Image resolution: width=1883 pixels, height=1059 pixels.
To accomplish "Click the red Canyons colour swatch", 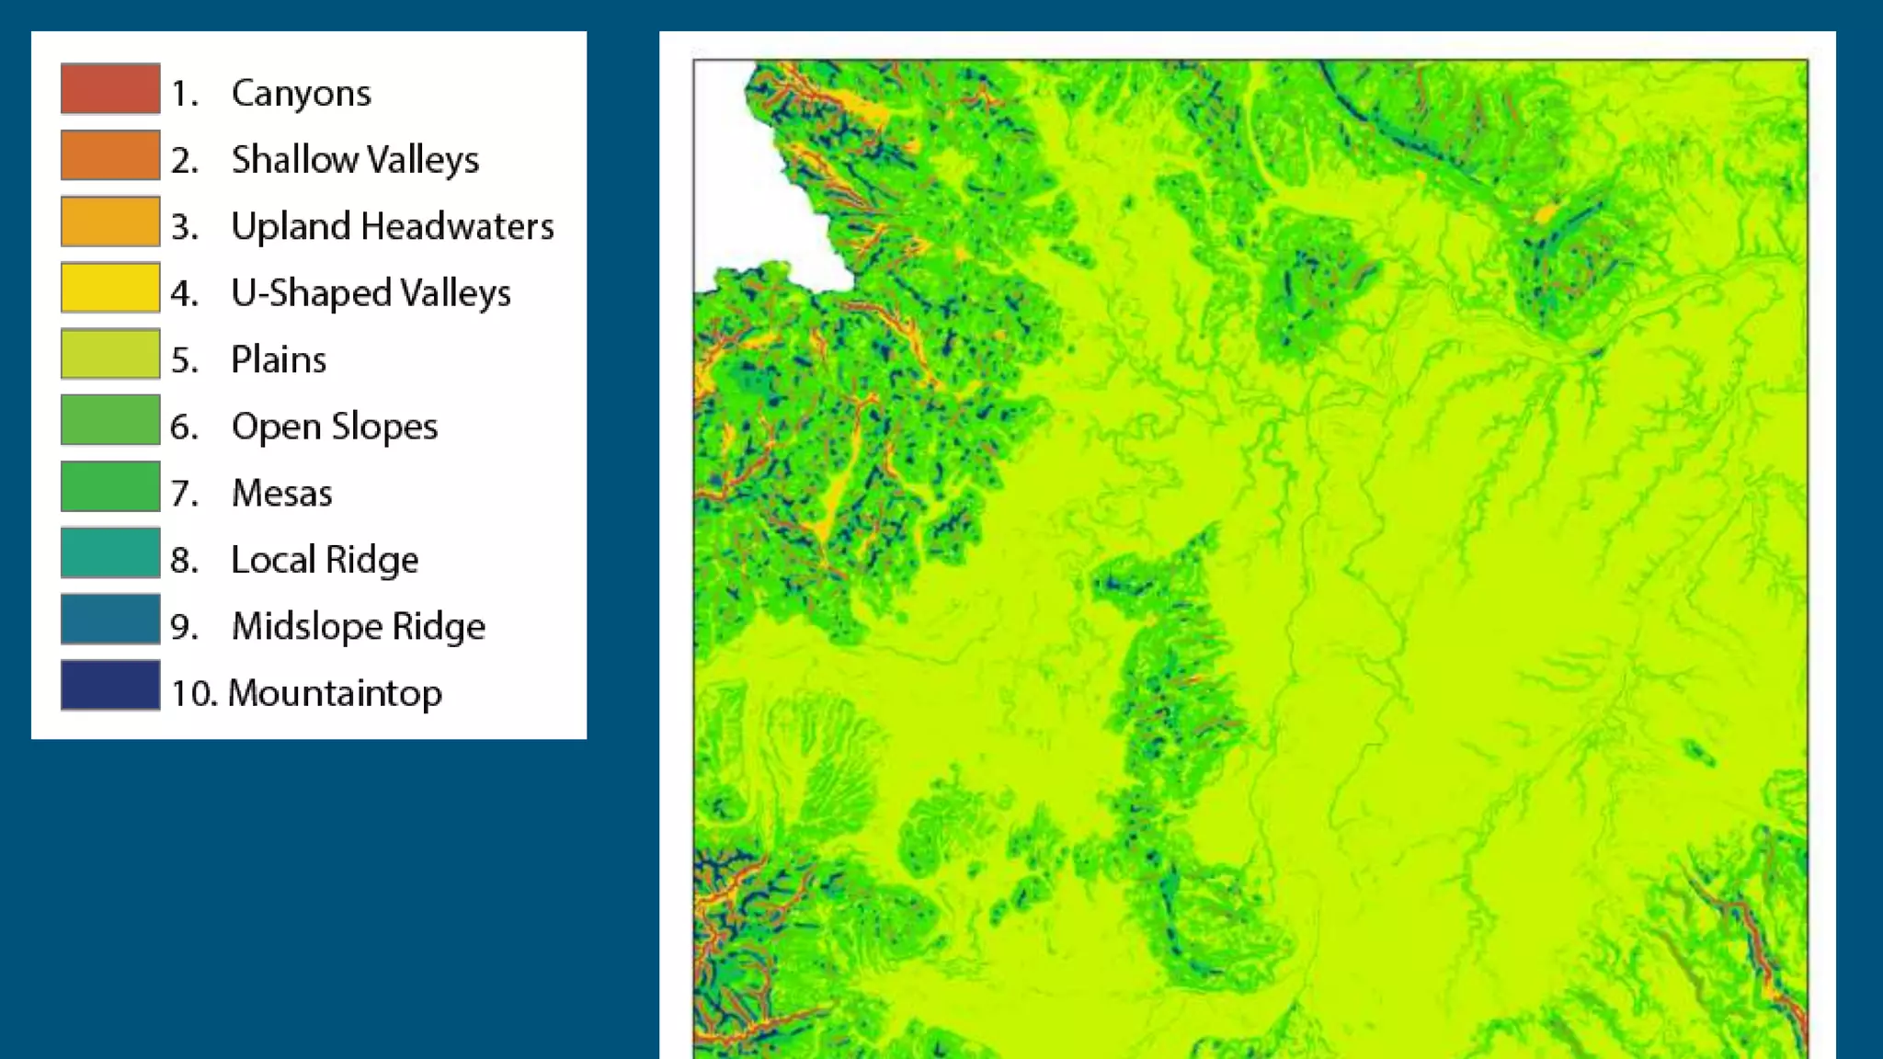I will pos(110,88).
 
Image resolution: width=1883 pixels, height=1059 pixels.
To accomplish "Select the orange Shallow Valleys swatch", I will pos(110,154).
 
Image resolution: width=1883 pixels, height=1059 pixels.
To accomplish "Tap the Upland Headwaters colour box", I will pos(110,222).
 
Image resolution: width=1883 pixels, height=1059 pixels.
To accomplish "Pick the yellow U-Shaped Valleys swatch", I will pos(110,288).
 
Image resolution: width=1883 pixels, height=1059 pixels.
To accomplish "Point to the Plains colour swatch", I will pos(110,354).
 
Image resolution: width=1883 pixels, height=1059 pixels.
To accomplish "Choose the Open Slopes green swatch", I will pos(110,420).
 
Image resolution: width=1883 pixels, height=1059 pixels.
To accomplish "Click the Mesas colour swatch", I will pos(110,486).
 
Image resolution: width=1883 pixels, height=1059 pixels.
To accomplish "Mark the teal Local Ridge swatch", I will pos(110,552).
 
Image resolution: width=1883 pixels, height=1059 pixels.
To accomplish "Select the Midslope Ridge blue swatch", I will pos(110,620).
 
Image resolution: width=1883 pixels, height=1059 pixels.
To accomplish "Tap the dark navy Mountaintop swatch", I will pos(110,686).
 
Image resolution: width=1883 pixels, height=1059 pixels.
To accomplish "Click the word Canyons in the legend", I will pos(302,94).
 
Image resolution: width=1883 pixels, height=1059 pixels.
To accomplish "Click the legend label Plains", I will pos(279,359).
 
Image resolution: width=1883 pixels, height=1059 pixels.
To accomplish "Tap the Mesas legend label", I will pos(281,494).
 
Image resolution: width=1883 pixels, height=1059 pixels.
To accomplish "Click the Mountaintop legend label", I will pos(335,693).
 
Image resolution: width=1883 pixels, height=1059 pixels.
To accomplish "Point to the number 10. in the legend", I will pos(194,693).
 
